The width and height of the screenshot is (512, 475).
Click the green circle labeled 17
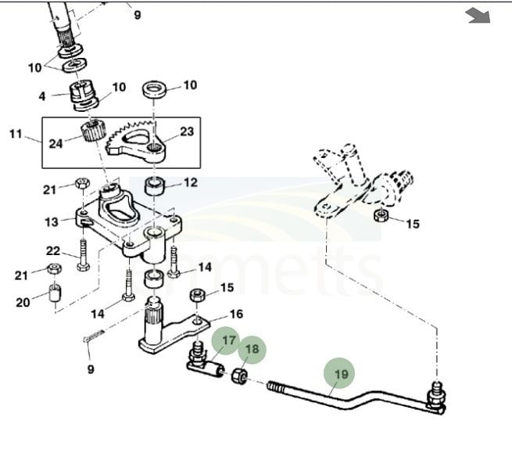228,340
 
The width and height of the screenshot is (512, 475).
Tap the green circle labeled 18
252,350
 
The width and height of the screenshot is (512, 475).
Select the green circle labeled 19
341,374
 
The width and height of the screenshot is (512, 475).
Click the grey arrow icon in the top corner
477,16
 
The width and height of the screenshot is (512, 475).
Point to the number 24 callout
55,143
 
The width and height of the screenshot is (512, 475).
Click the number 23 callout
187,131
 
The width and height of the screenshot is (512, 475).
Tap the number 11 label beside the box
16,135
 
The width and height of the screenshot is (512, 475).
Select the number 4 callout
44,97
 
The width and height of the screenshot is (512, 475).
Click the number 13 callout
52,222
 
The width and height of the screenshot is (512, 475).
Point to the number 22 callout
53,250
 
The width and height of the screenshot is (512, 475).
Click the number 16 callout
236,314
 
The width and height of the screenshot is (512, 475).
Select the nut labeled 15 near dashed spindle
380,215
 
